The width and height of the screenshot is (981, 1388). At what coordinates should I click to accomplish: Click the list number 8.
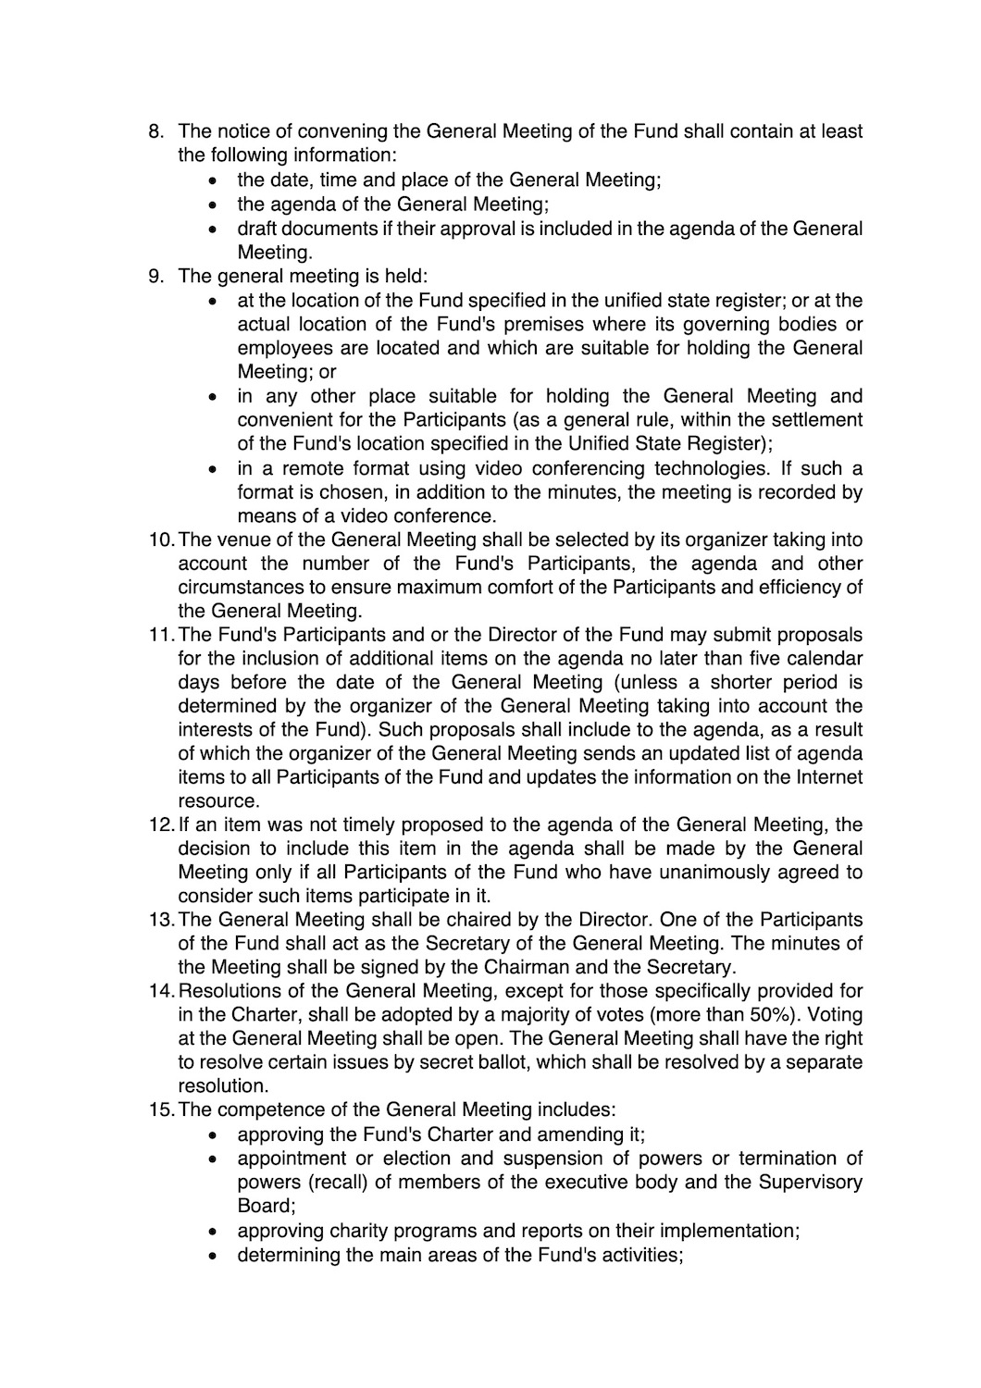(x=155, y=131)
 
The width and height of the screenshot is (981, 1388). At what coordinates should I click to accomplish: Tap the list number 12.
(x=161, y=824)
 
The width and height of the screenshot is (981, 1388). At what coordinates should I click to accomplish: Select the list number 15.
(x=161, y=1109)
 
